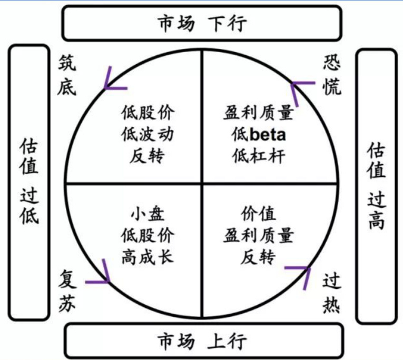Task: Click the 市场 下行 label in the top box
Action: click(x=202, y=24)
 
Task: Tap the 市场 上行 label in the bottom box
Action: click(x=202, y=342)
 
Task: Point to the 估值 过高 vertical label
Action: click(x=376, y=186)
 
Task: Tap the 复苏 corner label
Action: click(x=67, y=289)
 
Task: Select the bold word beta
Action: click(x=267, y=135)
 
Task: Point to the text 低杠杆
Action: click(x=259, y=156)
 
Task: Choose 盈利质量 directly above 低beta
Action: click(x=259, y=113)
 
